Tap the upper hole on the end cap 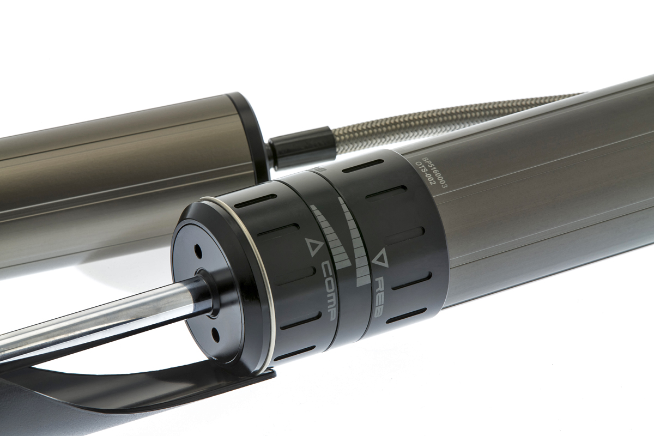198,252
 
